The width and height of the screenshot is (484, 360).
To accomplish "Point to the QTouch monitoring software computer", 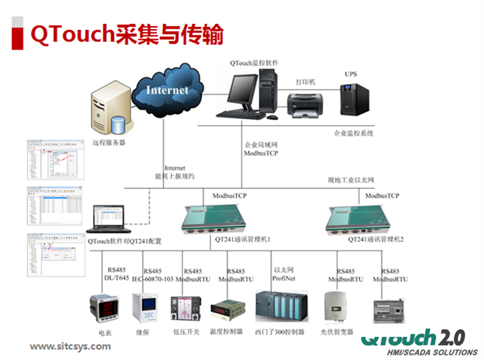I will coord(248,95).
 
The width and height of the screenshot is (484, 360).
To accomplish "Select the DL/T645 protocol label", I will coord(117,278).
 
